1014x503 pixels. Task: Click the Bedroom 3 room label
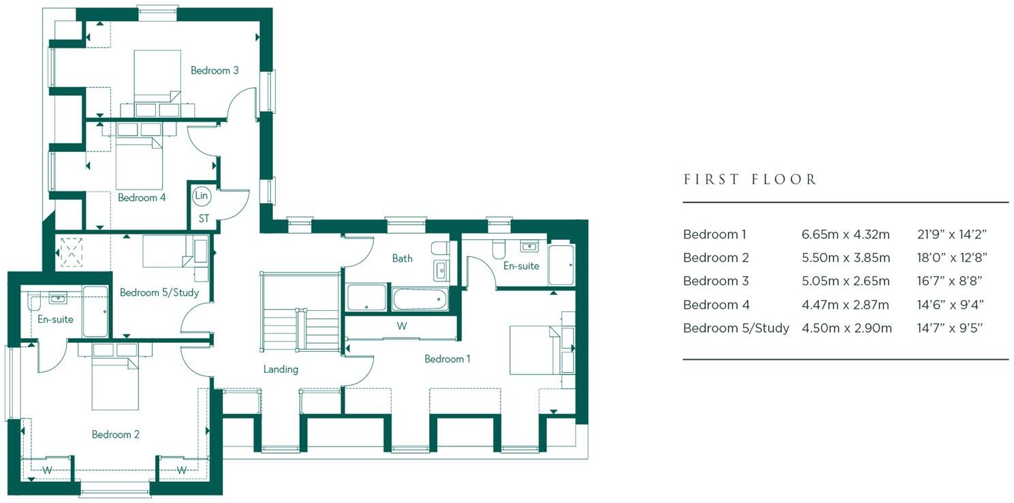click(x=214, y=70)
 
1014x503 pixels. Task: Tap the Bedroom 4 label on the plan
click(x=142, y=198)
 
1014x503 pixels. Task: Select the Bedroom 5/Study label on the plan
click(x=159, y=292)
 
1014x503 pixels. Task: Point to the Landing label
click(x=281, y=369)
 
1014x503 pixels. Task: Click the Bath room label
click(x=402, y=258)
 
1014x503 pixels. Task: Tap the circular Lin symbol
click(x=201, y=196)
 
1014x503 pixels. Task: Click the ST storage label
click(x=204, y=219)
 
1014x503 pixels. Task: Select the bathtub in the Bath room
click(x=419, y=299)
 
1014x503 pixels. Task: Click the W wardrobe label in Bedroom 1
click(x=402, y=326)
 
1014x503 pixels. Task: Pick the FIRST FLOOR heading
click(x=750, y=180)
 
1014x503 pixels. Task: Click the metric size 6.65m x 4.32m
click(x=845, y=234)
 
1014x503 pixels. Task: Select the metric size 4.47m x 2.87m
click(x=845, y=305)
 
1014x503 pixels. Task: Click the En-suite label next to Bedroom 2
click(x=55, y=319)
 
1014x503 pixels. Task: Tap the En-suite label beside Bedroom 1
click(x=521, y=266)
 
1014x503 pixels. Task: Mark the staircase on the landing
click(x=300, y=312)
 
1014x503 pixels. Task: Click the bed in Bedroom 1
click(x=535, y=350)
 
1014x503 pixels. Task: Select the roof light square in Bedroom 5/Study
click(x=72, y=250)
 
